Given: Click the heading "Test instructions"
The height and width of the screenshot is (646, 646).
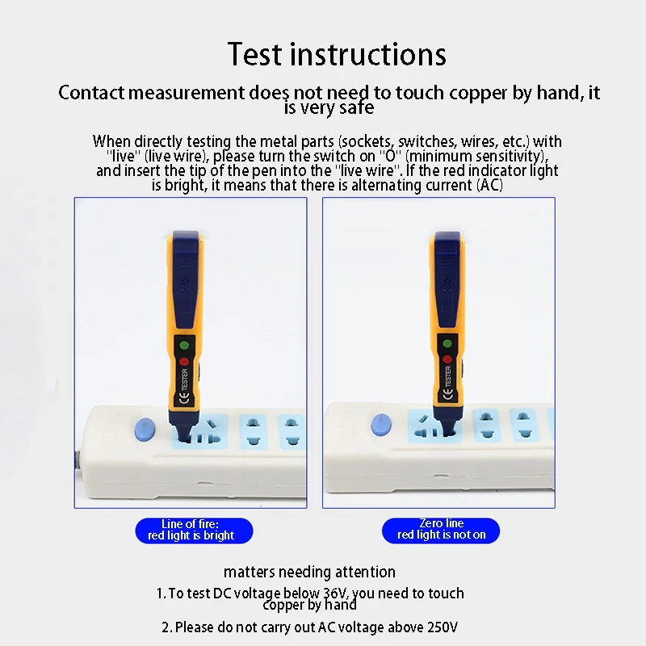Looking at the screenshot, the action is pyautogui.click(x=337, y=54).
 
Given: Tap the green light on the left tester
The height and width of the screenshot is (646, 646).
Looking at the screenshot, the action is pyautogui.click(x=184, y=346).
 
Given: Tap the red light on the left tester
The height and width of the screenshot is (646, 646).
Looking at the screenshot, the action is pyautogui.click(x=184, y=362).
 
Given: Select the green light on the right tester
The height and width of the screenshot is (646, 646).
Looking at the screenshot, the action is pyautogui.click(x=447, y=343).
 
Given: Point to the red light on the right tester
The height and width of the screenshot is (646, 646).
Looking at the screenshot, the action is pyautogui.click(x=447, y=359).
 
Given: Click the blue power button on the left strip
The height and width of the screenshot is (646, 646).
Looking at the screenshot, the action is pyautogui.click(x=145, y=429).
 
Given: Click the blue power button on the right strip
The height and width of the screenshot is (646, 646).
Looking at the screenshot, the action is pyautogui.click(x=381, y=425).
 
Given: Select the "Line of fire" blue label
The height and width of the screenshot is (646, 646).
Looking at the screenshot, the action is pyautogui.click(x=194, y=531).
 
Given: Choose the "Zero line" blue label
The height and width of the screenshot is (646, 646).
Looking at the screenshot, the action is pyautogui.click(x=441, y=531).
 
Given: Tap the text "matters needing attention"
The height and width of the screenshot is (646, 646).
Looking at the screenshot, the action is pyautogui.click(x=309, y=572).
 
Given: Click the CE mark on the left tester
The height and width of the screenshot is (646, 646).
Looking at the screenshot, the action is pyautogui.click(x=184, y=398).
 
